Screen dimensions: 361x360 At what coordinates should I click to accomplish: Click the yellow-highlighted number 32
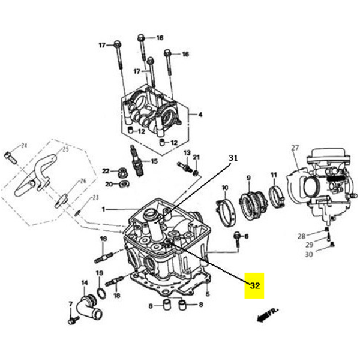click(254, 285)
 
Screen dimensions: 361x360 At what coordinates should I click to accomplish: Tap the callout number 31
click(233, 158)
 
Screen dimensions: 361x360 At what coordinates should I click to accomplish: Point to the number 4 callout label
click(200, 115)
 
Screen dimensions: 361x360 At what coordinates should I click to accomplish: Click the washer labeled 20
click(123, 183)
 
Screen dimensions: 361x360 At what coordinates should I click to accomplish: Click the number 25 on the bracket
click(65, 149)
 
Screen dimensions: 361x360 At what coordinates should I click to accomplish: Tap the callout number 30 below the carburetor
click(308, 255)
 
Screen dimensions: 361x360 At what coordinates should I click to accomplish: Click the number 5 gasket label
click(207, 294)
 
